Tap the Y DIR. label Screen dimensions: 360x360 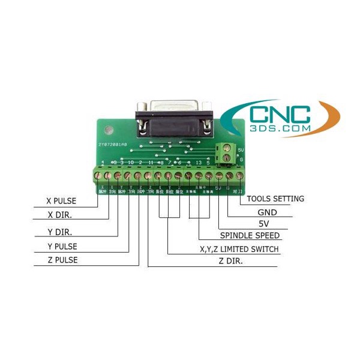click(x=59, y=232)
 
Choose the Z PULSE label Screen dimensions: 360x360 click(x=62, y=260)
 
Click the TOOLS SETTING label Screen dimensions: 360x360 click(x=275, y=199)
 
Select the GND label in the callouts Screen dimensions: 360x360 click(x=266, y=212)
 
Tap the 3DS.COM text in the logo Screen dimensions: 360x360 click(x=283, y=129)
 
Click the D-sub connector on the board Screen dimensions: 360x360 click(x=173, y=117)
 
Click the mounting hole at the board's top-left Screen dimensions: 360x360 click(x=109, y=128)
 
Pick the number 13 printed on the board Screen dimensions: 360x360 click(x=198, y=163)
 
